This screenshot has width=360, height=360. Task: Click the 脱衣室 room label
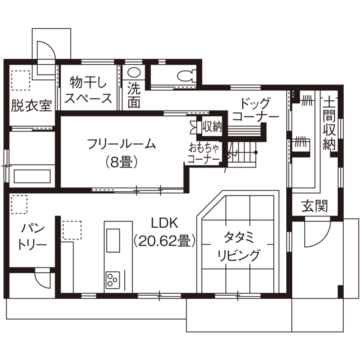point(32,105)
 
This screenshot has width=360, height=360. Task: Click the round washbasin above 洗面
point(134,73)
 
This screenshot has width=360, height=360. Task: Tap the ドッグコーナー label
point(255,110)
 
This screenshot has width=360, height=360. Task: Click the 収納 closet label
point(212,127)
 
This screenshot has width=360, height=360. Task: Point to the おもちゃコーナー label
point(204,154)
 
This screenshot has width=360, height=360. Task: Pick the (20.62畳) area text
point(165,241)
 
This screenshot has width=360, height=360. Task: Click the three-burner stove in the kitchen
point(113,280)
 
